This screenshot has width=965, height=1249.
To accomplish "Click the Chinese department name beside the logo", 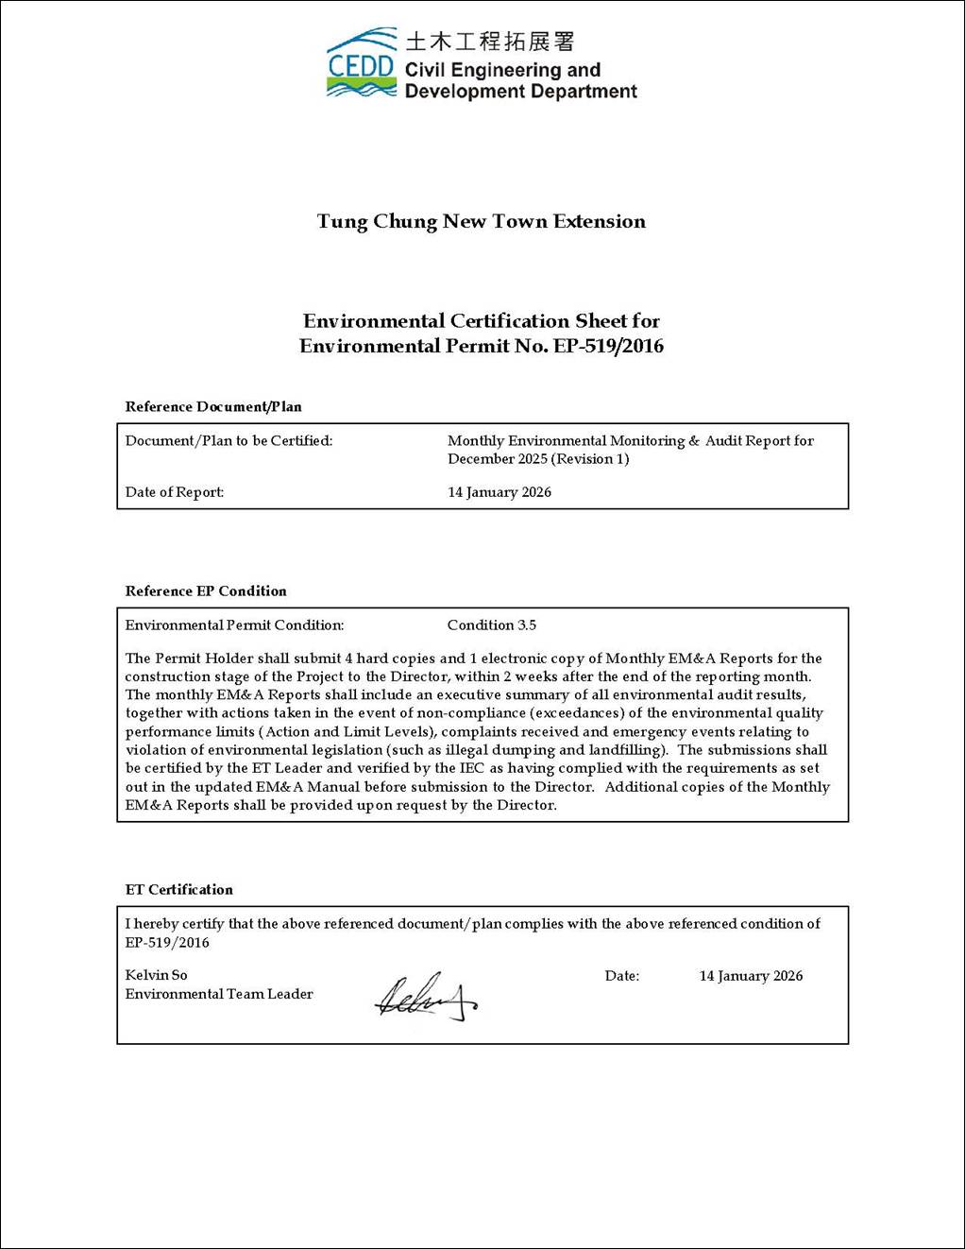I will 489,42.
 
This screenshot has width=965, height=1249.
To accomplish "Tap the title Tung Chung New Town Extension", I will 482,222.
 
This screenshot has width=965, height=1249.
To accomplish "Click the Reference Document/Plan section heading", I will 213,407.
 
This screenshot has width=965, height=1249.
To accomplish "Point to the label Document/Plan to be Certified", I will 229,441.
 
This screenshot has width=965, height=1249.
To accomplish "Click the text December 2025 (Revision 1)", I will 538,459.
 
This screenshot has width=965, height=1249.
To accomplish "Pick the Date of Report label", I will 175,492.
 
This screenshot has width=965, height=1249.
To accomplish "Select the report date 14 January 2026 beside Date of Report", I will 499,492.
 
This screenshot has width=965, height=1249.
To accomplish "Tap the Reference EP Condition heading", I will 206,591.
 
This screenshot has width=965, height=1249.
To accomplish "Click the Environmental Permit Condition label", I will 234,625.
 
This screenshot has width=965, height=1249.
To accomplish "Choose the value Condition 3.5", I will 492,625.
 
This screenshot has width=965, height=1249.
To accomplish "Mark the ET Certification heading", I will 179,890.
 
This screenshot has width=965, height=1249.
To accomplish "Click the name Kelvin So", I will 157,975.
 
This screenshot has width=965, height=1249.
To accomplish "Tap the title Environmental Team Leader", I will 219,994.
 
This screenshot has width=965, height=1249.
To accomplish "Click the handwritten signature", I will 425,997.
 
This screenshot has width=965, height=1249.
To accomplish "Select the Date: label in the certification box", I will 622,976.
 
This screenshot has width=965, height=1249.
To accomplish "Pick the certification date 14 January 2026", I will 751,976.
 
